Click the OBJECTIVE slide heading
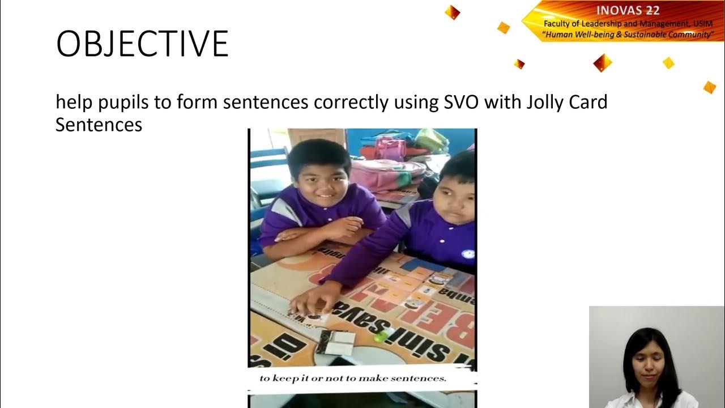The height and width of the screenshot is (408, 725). (142, 44)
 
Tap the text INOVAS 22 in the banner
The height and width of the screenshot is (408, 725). (628, 11)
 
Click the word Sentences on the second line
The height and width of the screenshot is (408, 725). (99, 124)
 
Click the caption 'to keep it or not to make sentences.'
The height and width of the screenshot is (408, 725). (353, 378)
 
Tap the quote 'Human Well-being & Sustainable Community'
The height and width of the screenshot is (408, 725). (628, 35)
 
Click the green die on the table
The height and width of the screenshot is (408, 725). (380, 335)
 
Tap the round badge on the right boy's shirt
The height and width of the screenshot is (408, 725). (468, 254)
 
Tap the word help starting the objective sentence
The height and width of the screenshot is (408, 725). (74, 103)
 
